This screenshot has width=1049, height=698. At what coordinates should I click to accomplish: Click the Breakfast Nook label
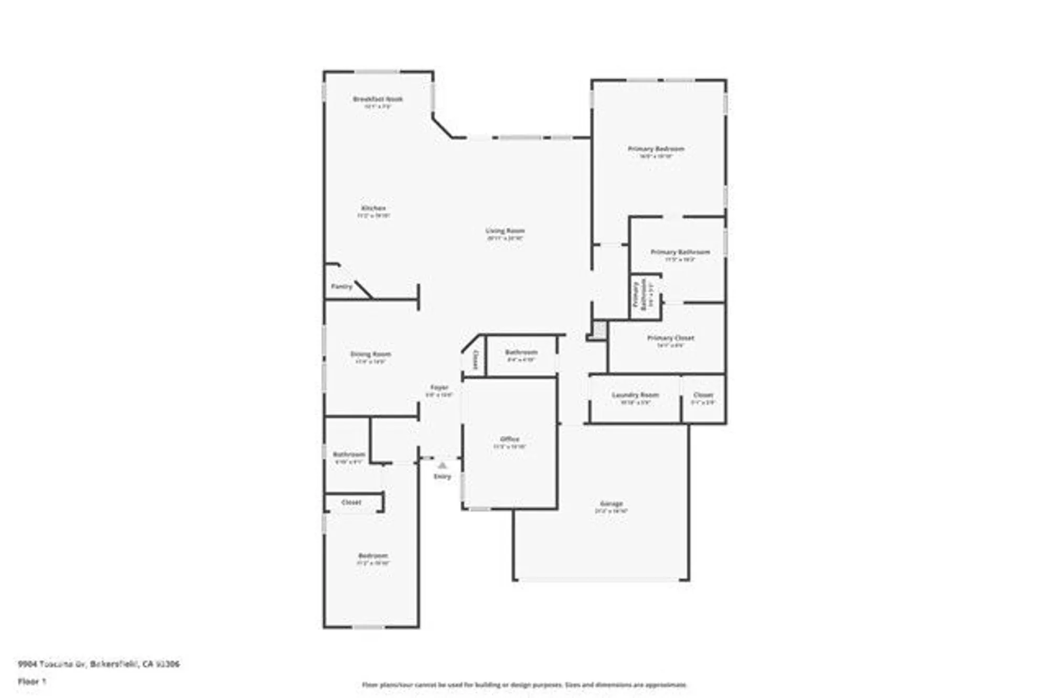[x=378, y=99]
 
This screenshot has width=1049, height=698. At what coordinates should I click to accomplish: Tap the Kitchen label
[x=373, y=208]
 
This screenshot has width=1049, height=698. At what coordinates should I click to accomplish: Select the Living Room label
[x=505, y=231]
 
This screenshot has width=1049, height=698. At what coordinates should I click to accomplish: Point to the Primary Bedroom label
[x=656, y=149]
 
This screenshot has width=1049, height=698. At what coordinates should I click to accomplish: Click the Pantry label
[x=341, y=287]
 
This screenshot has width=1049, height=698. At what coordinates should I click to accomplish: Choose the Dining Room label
[x=370, y=355]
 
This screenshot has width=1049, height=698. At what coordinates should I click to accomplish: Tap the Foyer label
[x=439, y=388]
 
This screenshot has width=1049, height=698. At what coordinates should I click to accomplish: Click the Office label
[x=509, y=439]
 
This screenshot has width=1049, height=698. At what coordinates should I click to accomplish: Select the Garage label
[x=611, y=504]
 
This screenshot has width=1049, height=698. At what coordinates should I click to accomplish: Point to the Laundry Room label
[x=635, y=395]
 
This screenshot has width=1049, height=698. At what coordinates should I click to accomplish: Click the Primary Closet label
[x=670, y=338]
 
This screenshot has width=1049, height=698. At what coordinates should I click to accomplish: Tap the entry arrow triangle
[x=442, y=465]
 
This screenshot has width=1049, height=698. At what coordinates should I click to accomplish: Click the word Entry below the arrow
[x=442, y=476]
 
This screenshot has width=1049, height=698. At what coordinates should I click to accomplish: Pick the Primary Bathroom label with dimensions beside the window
[x=680, y=252]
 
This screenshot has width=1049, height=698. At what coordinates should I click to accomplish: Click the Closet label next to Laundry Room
[x=703, y=395]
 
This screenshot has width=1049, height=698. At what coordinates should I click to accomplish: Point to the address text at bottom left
[x=99, y=664]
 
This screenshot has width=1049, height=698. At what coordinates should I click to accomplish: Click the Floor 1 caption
[x=32, y=682]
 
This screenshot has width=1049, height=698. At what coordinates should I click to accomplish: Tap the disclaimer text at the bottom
[x=524, y=685]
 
